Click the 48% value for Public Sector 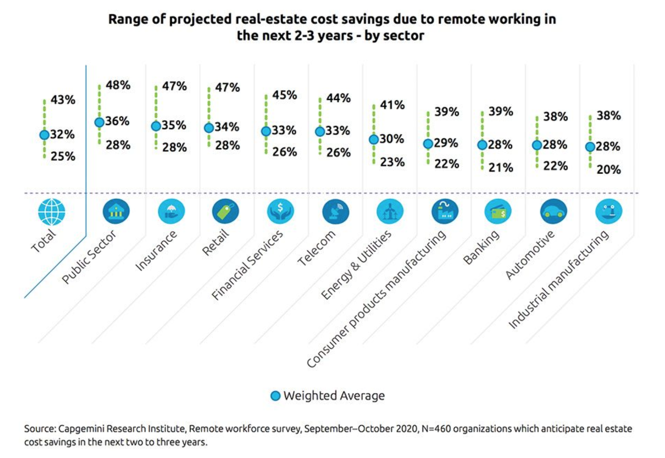click(x=118, y=85)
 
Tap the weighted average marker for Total click(x=44, y=135)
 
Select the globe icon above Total click(x=51, y=212)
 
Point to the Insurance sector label click(x=156, y=251)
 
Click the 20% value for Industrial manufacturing click(x=609, y=170)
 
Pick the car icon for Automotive click(x=553, y=212)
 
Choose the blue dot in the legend click(x=276, y=396)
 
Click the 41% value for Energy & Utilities click(x=392, y=105)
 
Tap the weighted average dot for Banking click(x=482, y=145)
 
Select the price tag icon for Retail click(x=226, y=212)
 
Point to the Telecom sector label click(x=316, y=248)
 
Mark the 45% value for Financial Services click(x=284, y=95)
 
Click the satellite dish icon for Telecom click(x=336, y=212)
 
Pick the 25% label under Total click(x=63, y=156)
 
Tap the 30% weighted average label click(x=392, y=139)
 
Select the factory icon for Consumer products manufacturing click(x=445, y=212)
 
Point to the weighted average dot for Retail click(x=209, y=128)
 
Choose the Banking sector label click(x=481, y=247)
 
